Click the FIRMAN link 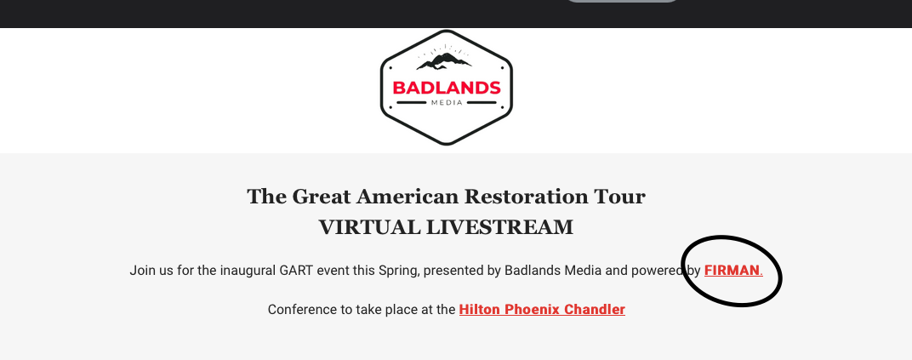click(732, 271)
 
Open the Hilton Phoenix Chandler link click(542, 310)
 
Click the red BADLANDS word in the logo click(446, 88)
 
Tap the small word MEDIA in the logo click(447, 103)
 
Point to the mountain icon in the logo click(444, 60)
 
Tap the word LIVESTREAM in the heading click(499, 227)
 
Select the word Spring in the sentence click(398, 271)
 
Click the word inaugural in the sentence click(248, 271)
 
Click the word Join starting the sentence click(141, 271)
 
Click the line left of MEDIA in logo click(412, 103)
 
